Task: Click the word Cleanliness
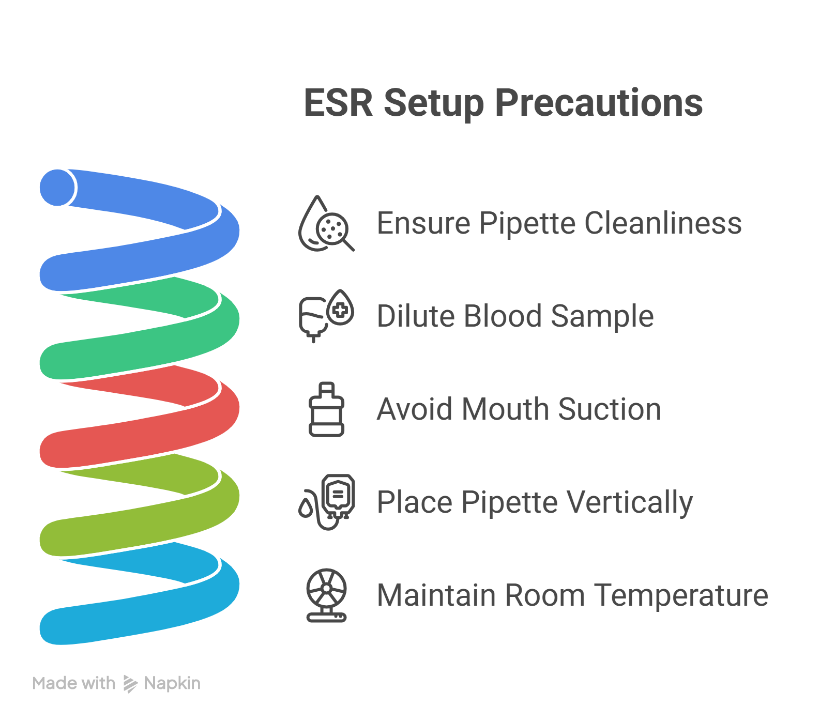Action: click(x=663, y=223)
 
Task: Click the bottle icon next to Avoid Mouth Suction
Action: click(x=326, y=409)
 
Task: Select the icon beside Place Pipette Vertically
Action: click(x=327, y=502)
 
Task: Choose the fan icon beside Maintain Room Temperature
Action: click(x=326, y=595)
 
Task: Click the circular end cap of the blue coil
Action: click(x=57, y=188)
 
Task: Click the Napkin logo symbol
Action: click(x=130, y=684)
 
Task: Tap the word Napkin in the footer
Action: click(x=172, y=683)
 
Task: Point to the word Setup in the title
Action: click(x=434, y=103)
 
